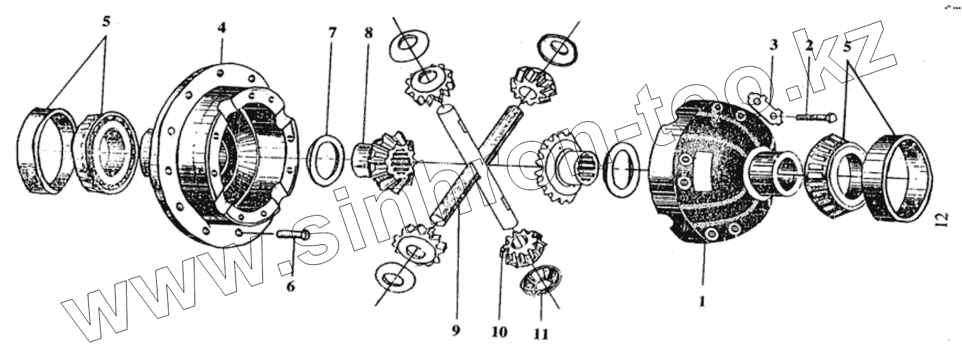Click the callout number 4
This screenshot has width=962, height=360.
(x=221, y=28)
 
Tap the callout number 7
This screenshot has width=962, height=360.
(x=331, y=32)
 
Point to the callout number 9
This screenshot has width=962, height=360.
(x=455, y=331)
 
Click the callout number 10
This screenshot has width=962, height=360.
(x=500, y=332)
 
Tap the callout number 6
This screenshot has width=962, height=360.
(x=291, y=286)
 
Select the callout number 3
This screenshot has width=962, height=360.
(x=773, y=46)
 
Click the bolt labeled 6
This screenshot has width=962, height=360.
(x=292, y=235)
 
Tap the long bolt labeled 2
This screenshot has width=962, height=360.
(x=813, y=118)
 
